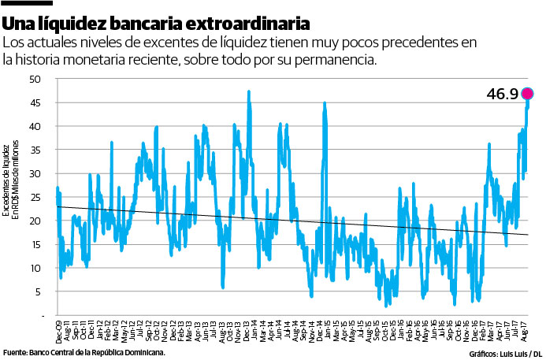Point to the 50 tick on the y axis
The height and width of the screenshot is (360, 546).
point(36,79)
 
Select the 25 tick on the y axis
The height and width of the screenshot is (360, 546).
point(36,197)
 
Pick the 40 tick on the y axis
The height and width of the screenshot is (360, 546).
point(36,126)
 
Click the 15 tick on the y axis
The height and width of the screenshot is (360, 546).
point(36,244)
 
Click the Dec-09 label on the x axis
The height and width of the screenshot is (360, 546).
point(59,329)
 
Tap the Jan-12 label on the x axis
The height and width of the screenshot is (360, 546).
point(100,329)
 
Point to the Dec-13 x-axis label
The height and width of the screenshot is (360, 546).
point(247,329)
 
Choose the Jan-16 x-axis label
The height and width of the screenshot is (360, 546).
point(401,329)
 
